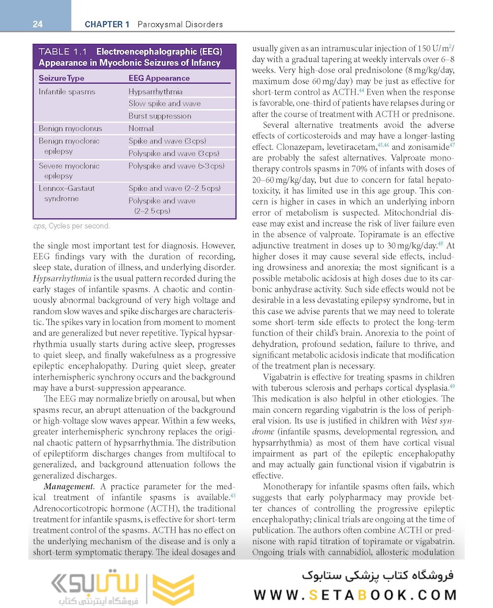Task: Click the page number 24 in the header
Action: [x=38, y=24]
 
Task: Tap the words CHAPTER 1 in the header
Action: [x=107, y=24]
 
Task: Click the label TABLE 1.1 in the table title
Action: [x=62, y=52]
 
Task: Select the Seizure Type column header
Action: [x=61, y=78]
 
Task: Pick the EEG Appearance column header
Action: [x=159, y=78]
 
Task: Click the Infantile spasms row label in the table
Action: [x=67, y=91]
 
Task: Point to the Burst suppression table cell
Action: [x=160, y=116]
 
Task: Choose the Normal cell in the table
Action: [x=141, y=128]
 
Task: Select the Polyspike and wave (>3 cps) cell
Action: [x=176, y=166]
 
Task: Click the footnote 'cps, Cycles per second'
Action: [x=71, y=226]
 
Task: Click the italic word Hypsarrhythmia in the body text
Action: [x=63, y=278]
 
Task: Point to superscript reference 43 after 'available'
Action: [x=232, y=495]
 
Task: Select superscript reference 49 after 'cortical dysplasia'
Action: [x=452, y=386]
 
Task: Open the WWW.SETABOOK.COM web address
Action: [x=355, y=595]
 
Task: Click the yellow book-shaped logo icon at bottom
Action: [x=173, y=589]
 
